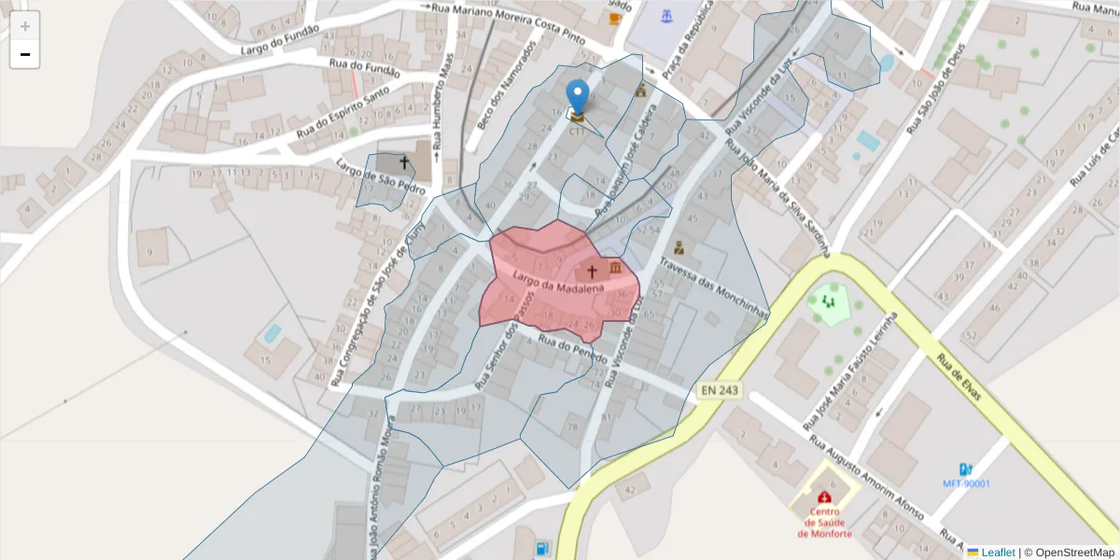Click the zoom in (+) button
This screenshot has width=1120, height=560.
click(x=25, y=26)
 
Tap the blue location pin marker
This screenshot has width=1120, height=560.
click(x=579, y=97)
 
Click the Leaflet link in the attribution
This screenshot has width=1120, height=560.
click(x=997, y=553)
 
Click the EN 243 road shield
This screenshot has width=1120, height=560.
click(x=719, y=390)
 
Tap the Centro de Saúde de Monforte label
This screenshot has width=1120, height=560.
click(x=824, y=523)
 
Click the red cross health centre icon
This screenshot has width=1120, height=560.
click(x=824, y=497)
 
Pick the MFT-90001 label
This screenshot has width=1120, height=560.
click(x=965, y=483)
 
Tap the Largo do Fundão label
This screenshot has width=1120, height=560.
click(x=279, y=39)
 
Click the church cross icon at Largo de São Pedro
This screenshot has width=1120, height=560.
click(x=404, y=163)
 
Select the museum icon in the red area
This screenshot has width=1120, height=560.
click(x=616, y=269)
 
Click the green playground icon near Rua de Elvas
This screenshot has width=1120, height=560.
click(x=828, y=301)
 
